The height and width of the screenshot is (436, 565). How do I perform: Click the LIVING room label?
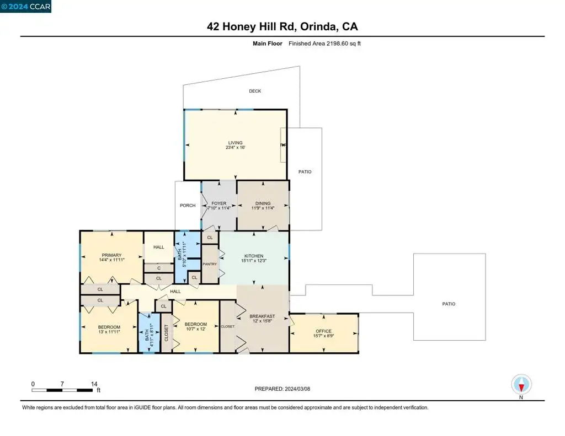point(235,143)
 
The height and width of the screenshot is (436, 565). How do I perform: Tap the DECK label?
point(255,91)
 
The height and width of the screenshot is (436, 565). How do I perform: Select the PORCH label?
point(188,206)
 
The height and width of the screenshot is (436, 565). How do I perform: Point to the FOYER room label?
point(219,203)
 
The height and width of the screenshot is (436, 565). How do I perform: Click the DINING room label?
point(263,203)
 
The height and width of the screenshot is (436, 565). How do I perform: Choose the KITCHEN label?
point(254,256)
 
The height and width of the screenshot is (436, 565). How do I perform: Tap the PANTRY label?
point(210,264)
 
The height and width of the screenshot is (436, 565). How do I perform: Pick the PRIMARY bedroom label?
point(111,255)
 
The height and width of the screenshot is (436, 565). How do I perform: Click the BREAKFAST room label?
point(262,316)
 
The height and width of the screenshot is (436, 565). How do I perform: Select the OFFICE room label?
point(323,331)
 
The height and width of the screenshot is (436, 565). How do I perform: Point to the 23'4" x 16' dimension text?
point(236,147)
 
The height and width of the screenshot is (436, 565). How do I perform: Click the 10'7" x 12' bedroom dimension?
point(196,329)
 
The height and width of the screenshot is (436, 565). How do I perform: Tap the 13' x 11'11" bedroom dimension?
point(109,332)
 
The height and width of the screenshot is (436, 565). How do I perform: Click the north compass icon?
point(521,385)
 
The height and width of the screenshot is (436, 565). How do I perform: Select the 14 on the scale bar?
point(94,384)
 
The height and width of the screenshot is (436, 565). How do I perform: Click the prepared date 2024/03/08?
point(297,389)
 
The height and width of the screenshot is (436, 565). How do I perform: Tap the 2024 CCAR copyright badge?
point(25,7)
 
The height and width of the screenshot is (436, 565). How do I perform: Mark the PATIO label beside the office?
point(449,304)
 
